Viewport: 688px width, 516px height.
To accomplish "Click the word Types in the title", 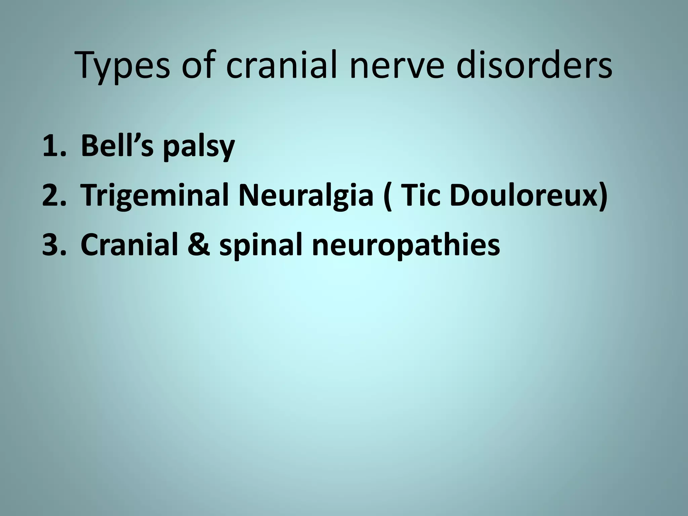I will (123, 67).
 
